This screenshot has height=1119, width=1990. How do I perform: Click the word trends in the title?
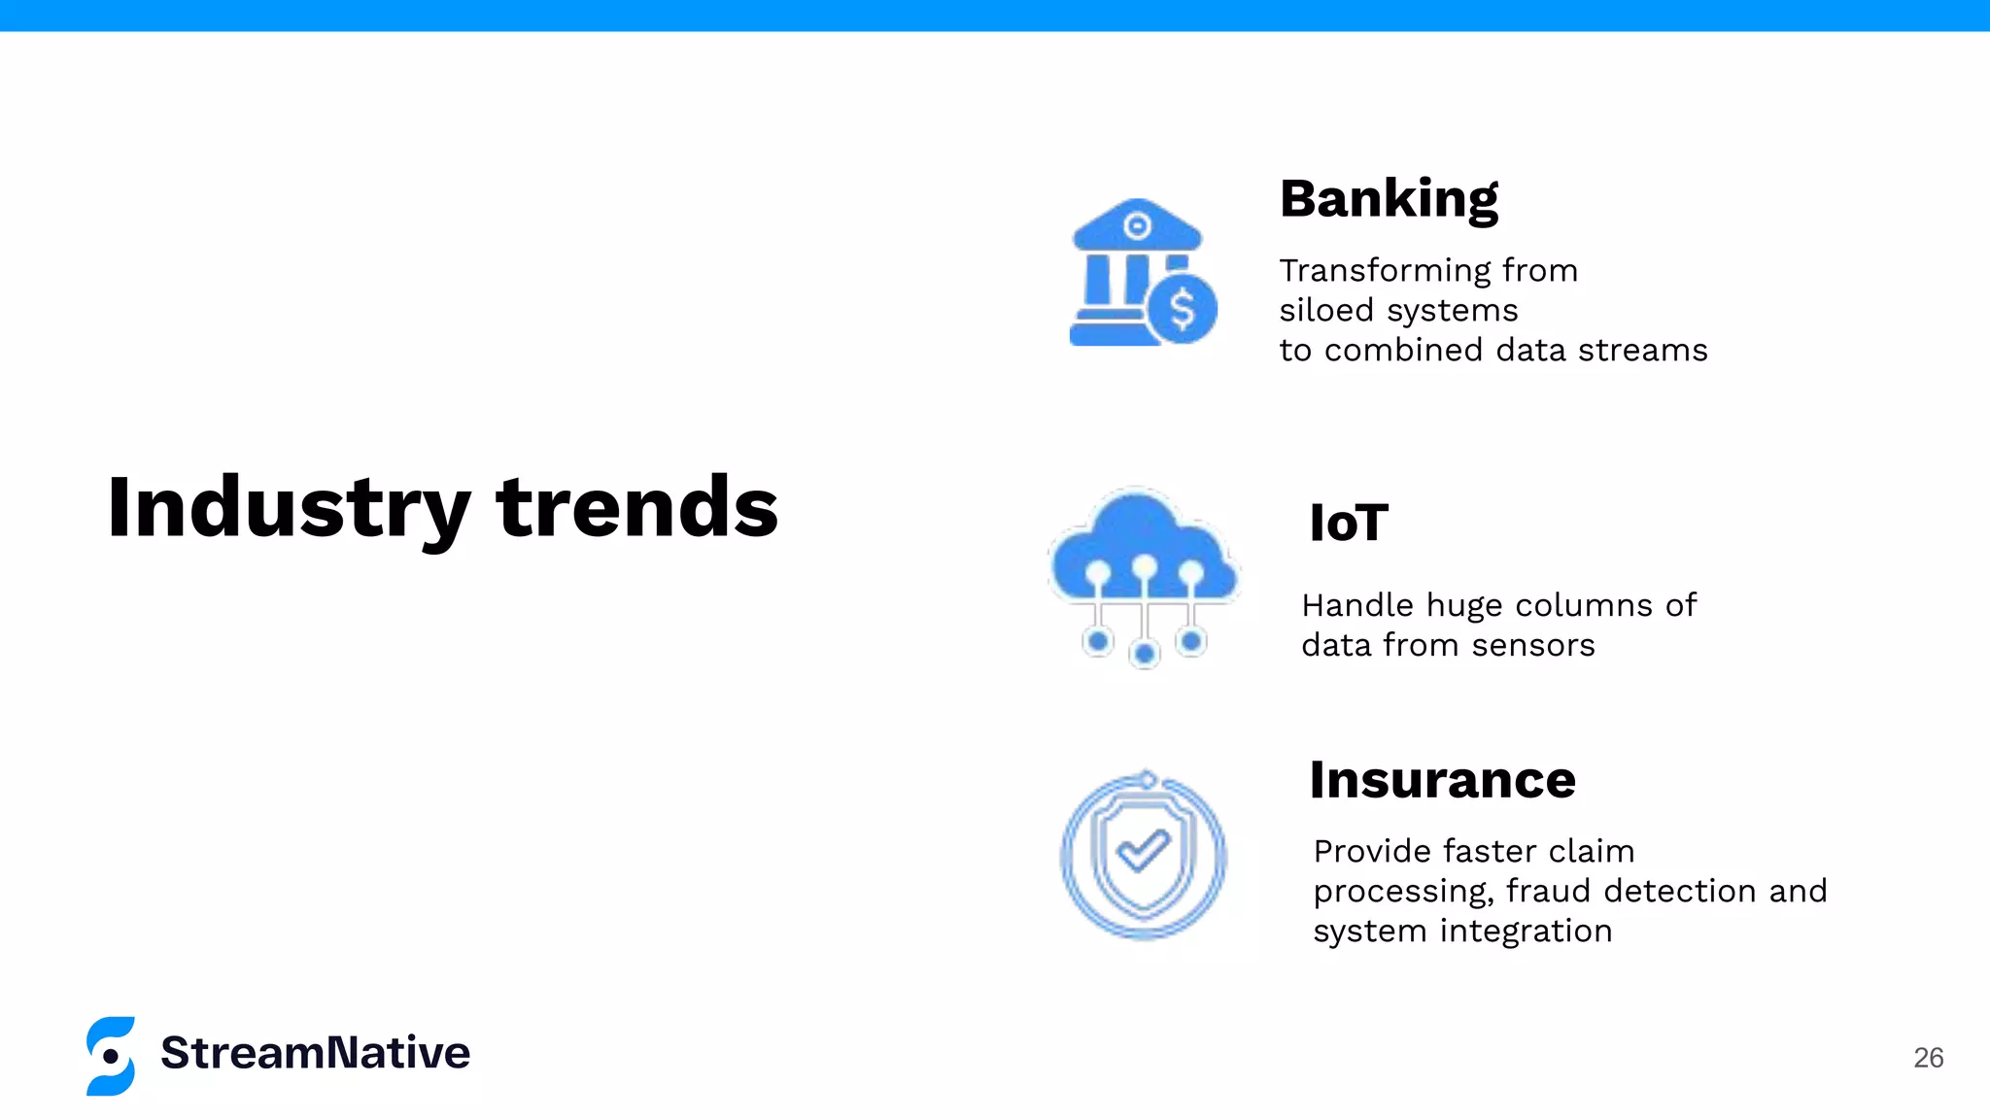(636, 508)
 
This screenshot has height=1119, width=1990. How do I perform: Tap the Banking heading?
(1389, 200)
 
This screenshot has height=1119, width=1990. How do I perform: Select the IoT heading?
(1349, 524)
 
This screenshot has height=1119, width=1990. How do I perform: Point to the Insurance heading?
(1442, 780)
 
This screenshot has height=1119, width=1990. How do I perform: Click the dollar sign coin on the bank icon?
(1182, 310)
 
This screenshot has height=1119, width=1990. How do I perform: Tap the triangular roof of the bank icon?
(1137, 223)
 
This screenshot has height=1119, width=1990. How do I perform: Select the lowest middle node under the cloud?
(1145, 654)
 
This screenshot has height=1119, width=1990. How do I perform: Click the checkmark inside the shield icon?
(1143, 851)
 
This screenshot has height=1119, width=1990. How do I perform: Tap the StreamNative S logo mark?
(111, 1056)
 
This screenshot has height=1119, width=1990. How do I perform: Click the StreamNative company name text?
(315, 1054)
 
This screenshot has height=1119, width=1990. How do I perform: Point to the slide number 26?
(1928, 1058)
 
